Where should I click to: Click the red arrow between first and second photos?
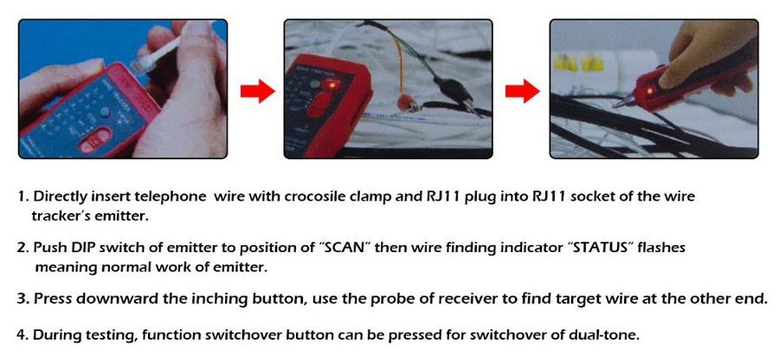click(256, 88)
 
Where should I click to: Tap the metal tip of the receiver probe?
click(617, 104)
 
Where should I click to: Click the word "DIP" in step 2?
click(83, 248)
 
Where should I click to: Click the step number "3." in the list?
click(23, 299)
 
